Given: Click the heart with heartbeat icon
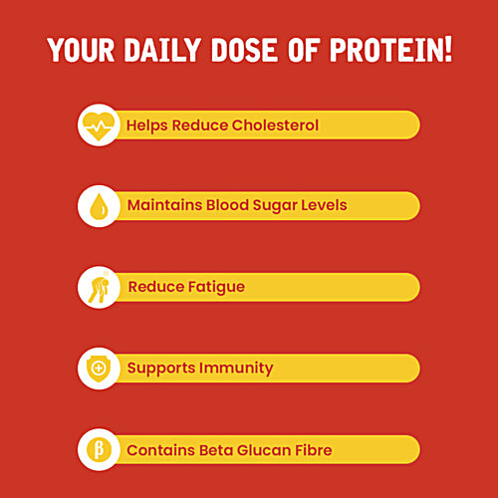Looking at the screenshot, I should [x=97, y=125].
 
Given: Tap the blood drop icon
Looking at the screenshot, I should [x=97, y=206].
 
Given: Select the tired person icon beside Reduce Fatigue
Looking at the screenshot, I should [x=97, y=288].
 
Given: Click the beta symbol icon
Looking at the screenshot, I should [x=97, y=450].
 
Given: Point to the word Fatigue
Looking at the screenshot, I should [x=215, y=288].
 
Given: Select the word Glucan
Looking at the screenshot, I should [x=263, y=450].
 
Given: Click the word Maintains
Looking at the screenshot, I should [x=162, y=206].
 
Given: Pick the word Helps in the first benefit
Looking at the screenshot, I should [x=145, y=125].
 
